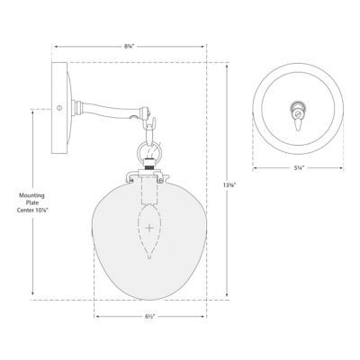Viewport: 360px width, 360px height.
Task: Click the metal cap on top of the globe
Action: pos(148,168)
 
